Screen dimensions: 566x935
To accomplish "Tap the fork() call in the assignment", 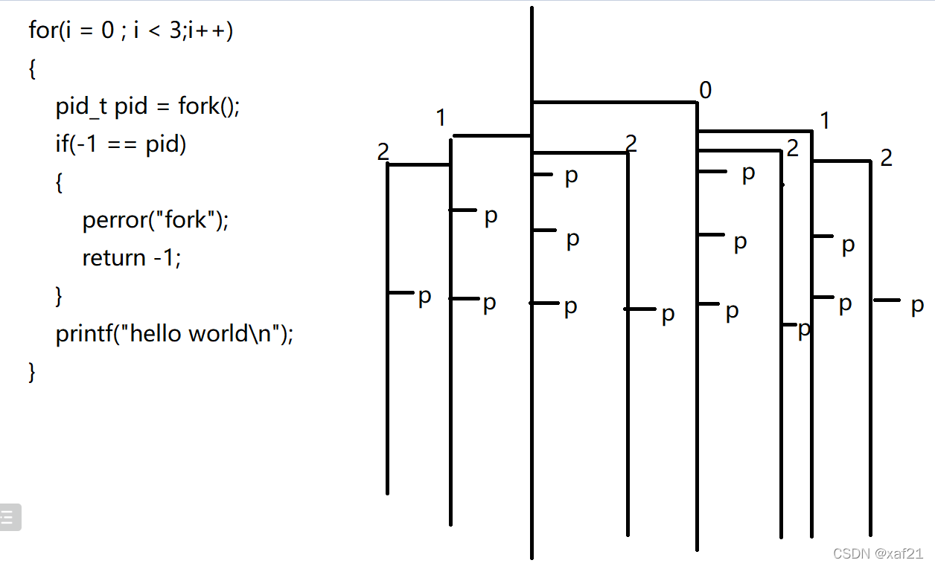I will (209, 107).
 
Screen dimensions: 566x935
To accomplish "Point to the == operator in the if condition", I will (123, 144).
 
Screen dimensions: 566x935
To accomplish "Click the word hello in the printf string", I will (158, 334).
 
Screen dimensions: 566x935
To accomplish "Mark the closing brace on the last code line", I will (32, 371).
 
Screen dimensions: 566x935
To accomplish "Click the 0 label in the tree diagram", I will (706, 91).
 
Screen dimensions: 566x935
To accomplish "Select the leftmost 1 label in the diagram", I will (441, 118).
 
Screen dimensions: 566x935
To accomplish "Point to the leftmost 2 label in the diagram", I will (383, 152).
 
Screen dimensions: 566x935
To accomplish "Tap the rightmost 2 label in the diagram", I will (886, 158).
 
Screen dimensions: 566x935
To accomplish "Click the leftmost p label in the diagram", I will (424, 295).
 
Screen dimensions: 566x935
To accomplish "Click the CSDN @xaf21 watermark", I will (878, 554).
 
